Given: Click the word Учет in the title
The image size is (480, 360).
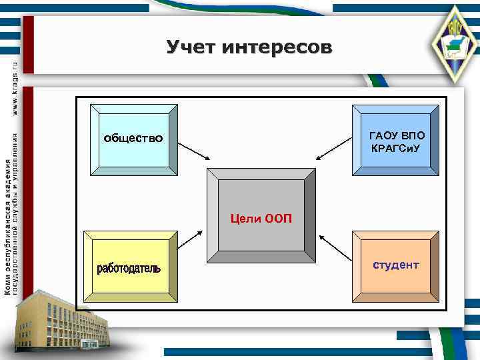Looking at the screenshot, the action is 191,47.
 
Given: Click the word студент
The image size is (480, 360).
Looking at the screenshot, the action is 396,265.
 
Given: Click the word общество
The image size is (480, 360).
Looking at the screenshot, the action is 133,139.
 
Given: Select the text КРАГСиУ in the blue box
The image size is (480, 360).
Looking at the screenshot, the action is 397,145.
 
